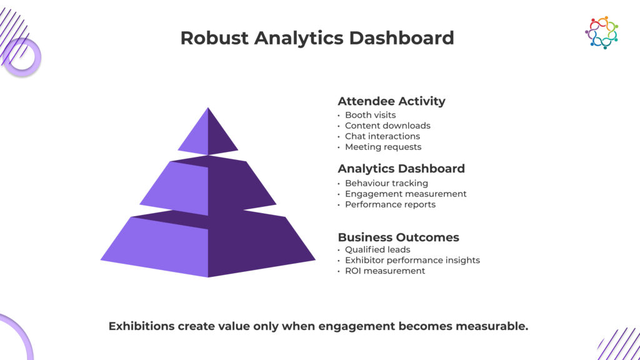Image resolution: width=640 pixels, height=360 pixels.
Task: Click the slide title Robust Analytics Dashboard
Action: (x=317, y=38)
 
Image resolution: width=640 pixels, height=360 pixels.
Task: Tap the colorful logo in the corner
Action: (x=602, y=32)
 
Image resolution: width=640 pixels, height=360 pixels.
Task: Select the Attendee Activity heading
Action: (x=391, y=101)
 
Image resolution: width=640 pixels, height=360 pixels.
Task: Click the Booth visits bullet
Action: (x=370, y=115)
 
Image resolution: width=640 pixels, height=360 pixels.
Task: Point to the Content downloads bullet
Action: (x=387, y=126)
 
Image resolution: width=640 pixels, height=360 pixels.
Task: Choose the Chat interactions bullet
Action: (x=382, y=136)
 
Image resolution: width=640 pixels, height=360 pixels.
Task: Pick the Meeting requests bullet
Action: (x=383, y=147)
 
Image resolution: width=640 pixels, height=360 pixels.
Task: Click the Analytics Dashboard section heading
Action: (x=401, y=169)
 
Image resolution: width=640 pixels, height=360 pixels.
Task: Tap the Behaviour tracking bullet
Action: (x=386, y=183)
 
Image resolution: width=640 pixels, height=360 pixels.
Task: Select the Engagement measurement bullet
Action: (x=406, y=194)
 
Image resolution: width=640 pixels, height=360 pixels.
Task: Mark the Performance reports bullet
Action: (x=390, y=204)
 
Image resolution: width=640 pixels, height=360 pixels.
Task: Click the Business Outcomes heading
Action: (x=398, y=237)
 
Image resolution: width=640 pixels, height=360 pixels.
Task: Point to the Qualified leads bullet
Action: (x=377, y=249)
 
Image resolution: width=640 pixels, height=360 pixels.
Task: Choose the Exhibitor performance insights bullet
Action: (x=412, y=260)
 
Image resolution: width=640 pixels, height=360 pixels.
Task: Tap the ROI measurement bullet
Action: (x=385, y=271)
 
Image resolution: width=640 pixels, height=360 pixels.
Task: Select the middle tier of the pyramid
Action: (x=208, y=186)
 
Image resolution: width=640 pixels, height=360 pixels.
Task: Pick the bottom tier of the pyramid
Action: (x=208, y=244)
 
